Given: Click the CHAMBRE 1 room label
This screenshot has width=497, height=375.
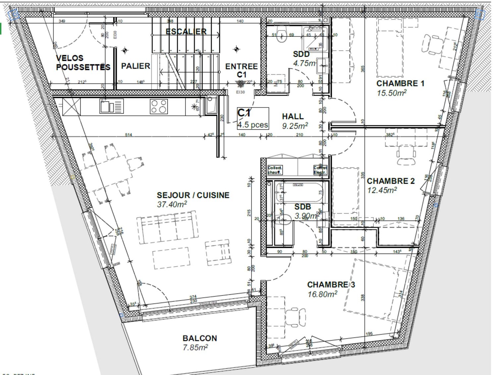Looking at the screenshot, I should [x=400, y=83].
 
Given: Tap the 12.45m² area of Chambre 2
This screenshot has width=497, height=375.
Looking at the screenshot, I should [x=382, y=190].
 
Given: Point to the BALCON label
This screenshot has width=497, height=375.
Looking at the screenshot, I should [x=200, y=338].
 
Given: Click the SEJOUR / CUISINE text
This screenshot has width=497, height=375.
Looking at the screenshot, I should [x=193, y=195].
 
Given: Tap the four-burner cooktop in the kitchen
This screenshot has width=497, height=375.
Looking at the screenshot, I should [x=159, y=106].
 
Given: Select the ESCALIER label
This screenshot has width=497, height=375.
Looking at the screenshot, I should [x=186, y=31].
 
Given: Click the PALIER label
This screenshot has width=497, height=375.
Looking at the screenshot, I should [x=136, y=66].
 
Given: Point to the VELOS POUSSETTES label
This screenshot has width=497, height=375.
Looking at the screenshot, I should [x=83, y=63].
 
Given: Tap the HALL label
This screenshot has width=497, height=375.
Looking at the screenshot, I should [x=293, y=116].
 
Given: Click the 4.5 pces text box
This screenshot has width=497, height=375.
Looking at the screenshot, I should [x=252, y=125].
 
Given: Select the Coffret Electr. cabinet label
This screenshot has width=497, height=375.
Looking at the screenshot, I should [x=320, y=170].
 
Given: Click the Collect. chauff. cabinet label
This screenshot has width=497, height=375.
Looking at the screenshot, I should [x=275, y=170].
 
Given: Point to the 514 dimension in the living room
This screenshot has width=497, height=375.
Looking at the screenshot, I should [x=129, y=135].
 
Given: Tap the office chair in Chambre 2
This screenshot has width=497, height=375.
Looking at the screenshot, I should [x=406, y=155].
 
